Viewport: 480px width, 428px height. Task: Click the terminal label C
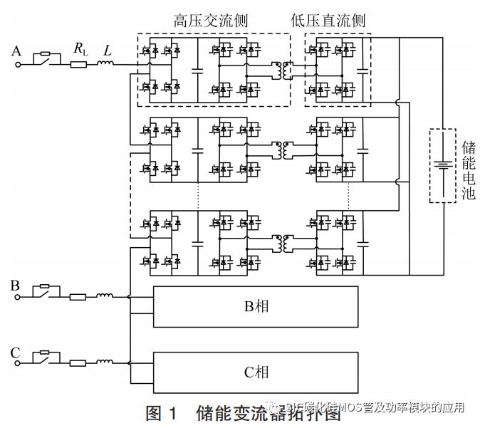[x=16, y=353]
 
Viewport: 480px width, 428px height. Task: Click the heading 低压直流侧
[x=328, y=20]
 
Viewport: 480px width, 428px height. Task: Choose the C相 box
[x=256, y=372]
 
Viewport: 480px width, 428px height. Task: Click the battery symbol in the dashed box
[x=443, y=166]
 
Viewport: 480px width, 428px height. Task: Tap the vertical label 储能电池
[x=468, y=169]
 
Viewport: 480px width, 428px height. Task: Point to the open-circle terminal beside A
[x=19, y=64]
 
